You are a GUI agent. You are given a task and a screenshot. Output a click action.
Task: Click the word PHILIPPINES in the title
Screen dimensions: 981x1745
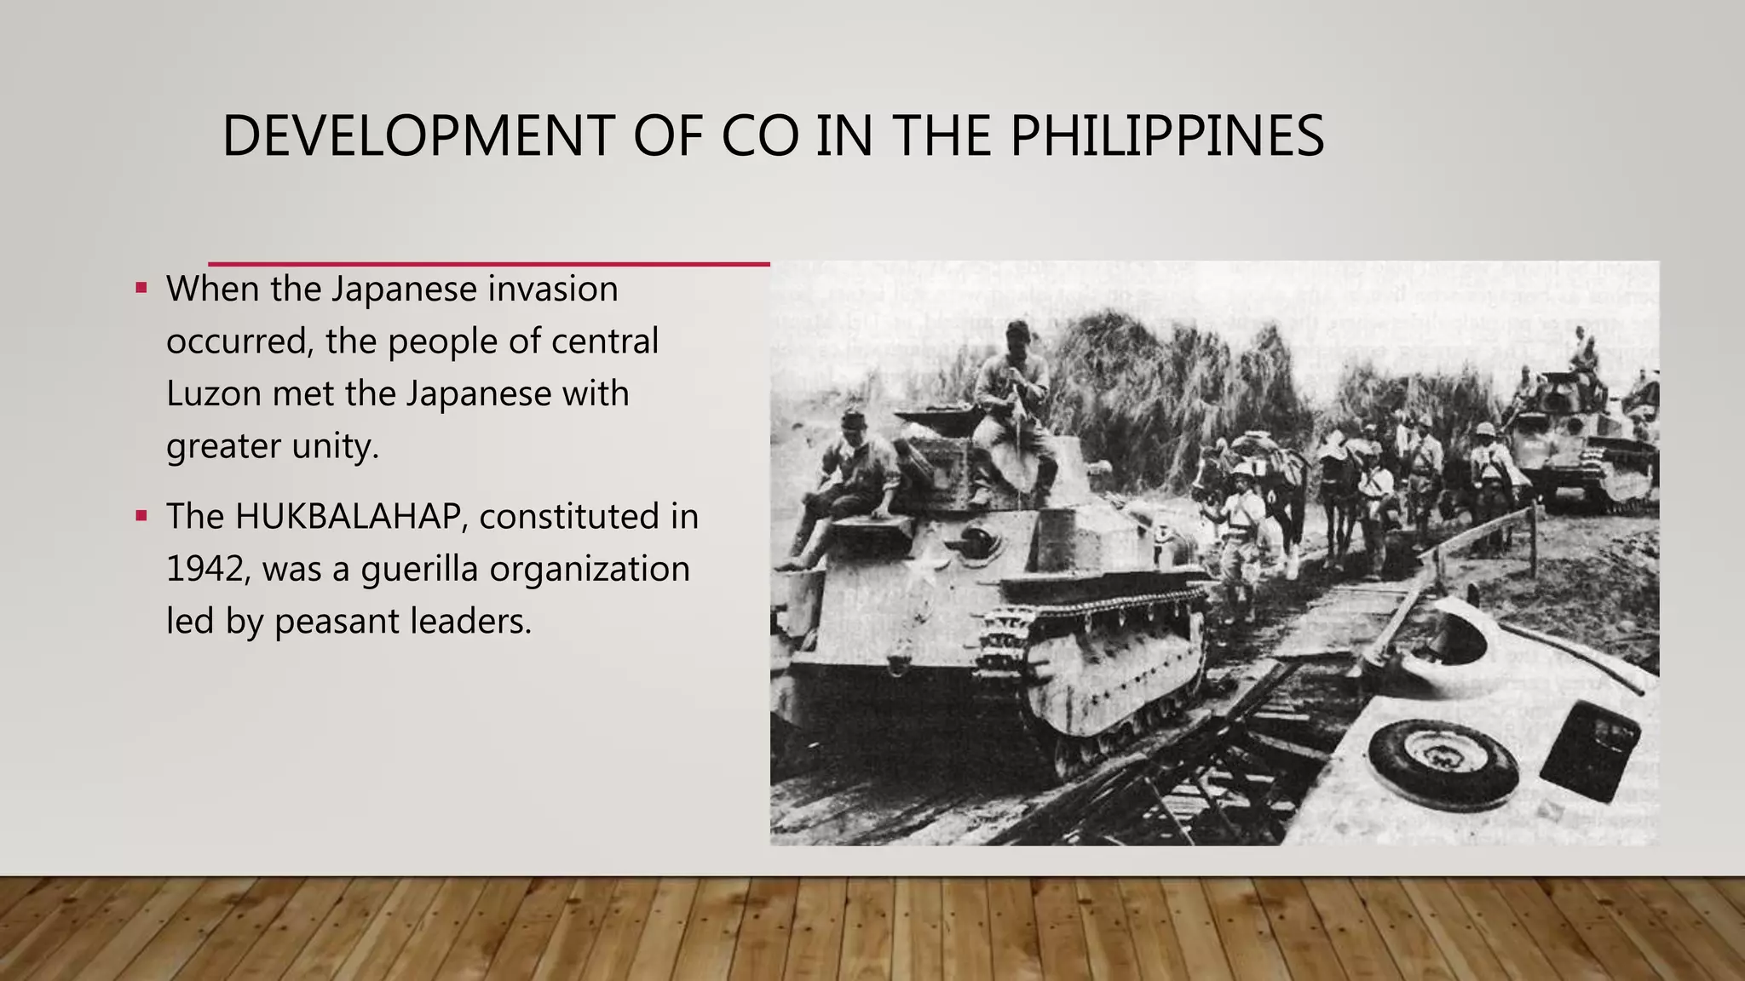pos(1166,136)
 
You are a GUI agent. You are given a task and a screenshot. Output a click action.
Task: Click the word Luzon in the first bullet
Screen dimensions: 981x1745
pos(212,394)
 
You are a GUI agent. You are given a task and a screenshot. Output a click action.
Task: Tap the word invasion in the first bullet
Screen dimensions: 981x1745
pos(553,290)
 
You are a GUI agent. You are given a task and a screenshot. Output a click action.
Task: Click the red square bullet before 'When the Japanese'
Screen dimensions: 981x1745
pos(141,288)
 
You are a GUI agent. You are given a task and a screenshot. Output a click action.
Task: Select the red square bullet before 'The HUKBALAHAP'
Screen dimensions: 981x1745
pos(141,515)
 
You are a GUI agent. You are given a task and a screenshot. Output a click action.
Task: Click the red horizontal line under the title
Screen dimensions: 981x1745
pos(489,264)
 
